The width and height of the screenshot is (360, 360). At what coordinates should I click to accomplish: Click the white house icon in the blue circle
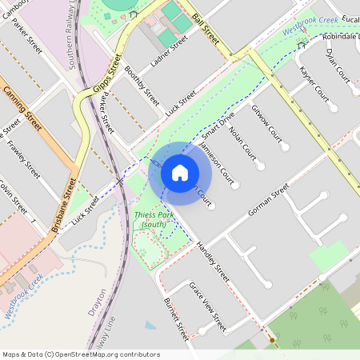coord(180,173)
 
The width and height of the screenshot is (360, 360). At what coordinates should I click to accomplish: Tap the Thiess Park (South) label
coord(150,220)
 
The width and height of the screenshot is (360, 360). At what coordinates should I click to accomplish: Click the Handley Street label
coord(213,262)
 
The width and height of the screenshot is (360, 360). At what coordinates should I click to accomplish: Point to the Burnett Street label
coord(176,318)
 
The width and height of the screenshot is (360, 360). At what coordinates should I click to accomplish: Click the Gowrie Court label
coord(266,121)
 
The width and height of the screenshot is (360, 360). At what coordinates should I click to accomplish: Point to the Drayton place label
coord(98,305)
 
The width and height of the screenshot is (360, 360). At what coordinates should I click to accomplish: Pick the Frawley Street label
coord(22,158)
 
